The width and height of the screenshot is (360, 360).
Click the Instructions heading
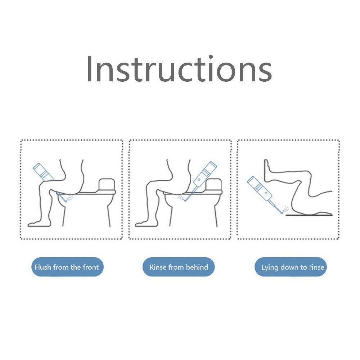[179, 69]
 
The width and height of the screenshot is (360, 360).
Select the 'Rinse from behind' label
[179, 267]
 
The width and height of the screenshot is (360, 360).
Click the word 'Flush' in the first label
[43, 267]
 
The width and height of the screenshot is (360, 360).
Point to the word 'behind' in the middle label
[197, 267]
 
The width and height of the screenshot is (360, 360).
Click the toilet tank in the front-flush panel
[107, 184]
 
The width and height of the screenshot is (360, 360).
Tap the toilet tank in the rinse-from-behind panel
[213, 184]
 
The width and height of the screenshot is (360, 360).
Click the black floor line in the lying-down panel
[309, 215]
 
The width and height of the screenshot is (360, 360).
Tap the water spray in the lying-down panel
[285, 209]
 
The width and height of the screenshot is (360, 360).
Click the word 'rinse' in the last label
[316, 267]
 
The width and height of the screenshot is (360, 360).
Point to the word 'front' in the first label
[91, 267]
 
